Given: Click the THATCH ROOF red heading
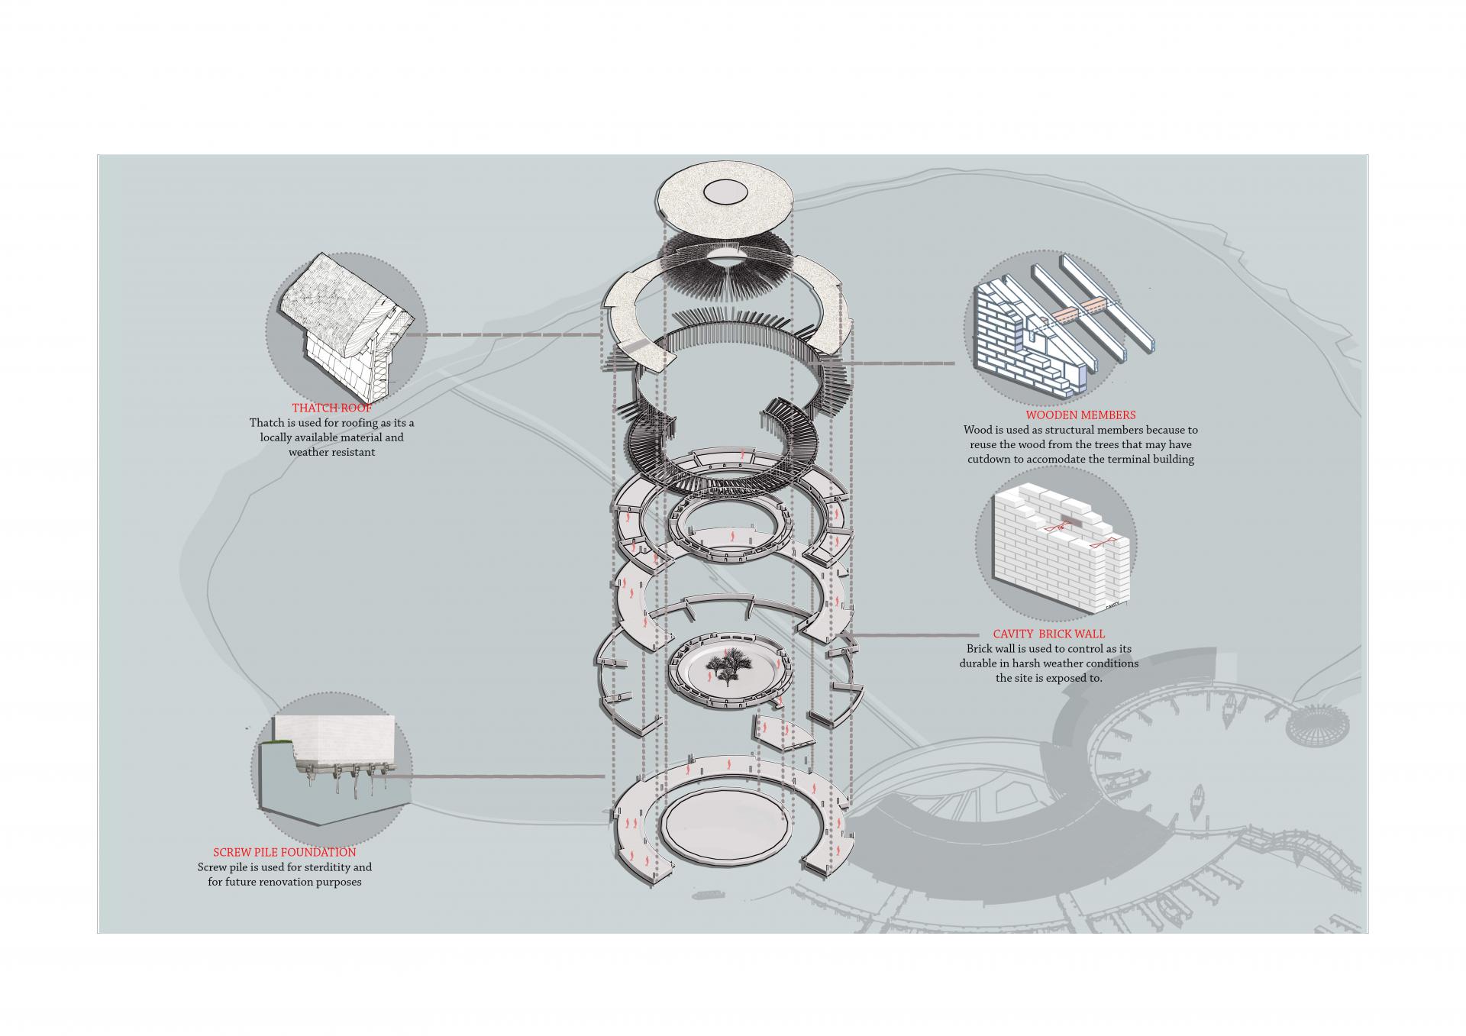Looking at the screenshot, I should tap(331, 408).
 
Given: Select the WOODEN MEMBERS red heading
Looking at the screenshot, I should tap(1080, 415).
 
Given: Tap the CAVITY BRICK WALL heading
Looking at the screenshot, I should tap(1048, 634).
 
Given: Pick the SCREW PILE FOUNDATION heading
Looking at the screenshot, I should tap(284, 852).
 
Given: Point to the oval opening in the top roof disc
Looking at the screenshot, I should tap(726, 191).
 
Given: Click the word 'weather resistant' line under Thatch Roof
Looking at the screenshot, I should tap(331, 452).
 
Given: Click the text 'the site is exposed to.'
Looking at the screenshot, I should tap(1048, 678).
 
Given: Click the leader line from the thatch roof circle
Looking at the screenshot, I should tap(504, 334).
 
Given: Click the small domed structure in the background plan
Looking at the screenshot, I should tap(1308, 724).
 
